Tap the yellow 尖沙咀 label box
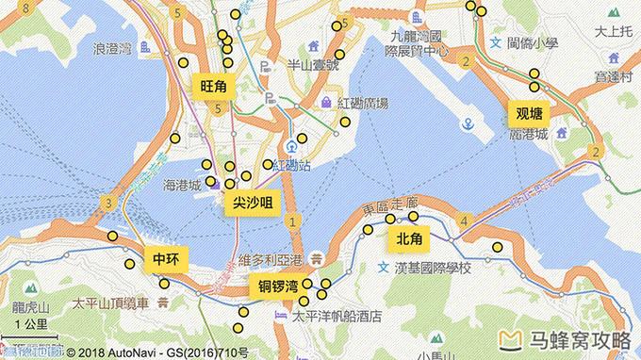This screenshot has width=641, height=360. click(253, 203)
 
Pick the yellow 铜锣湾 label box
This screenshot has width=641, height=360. click(280, 286)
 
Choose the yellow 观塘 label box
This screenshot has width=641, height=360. click(528, 112)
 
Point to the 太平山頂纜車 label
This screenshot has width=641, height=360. click(111, 303)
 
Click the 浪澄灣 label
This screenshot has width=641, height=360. click(120, 47)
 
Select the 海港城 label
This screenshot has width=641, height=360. click(182, 185)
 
